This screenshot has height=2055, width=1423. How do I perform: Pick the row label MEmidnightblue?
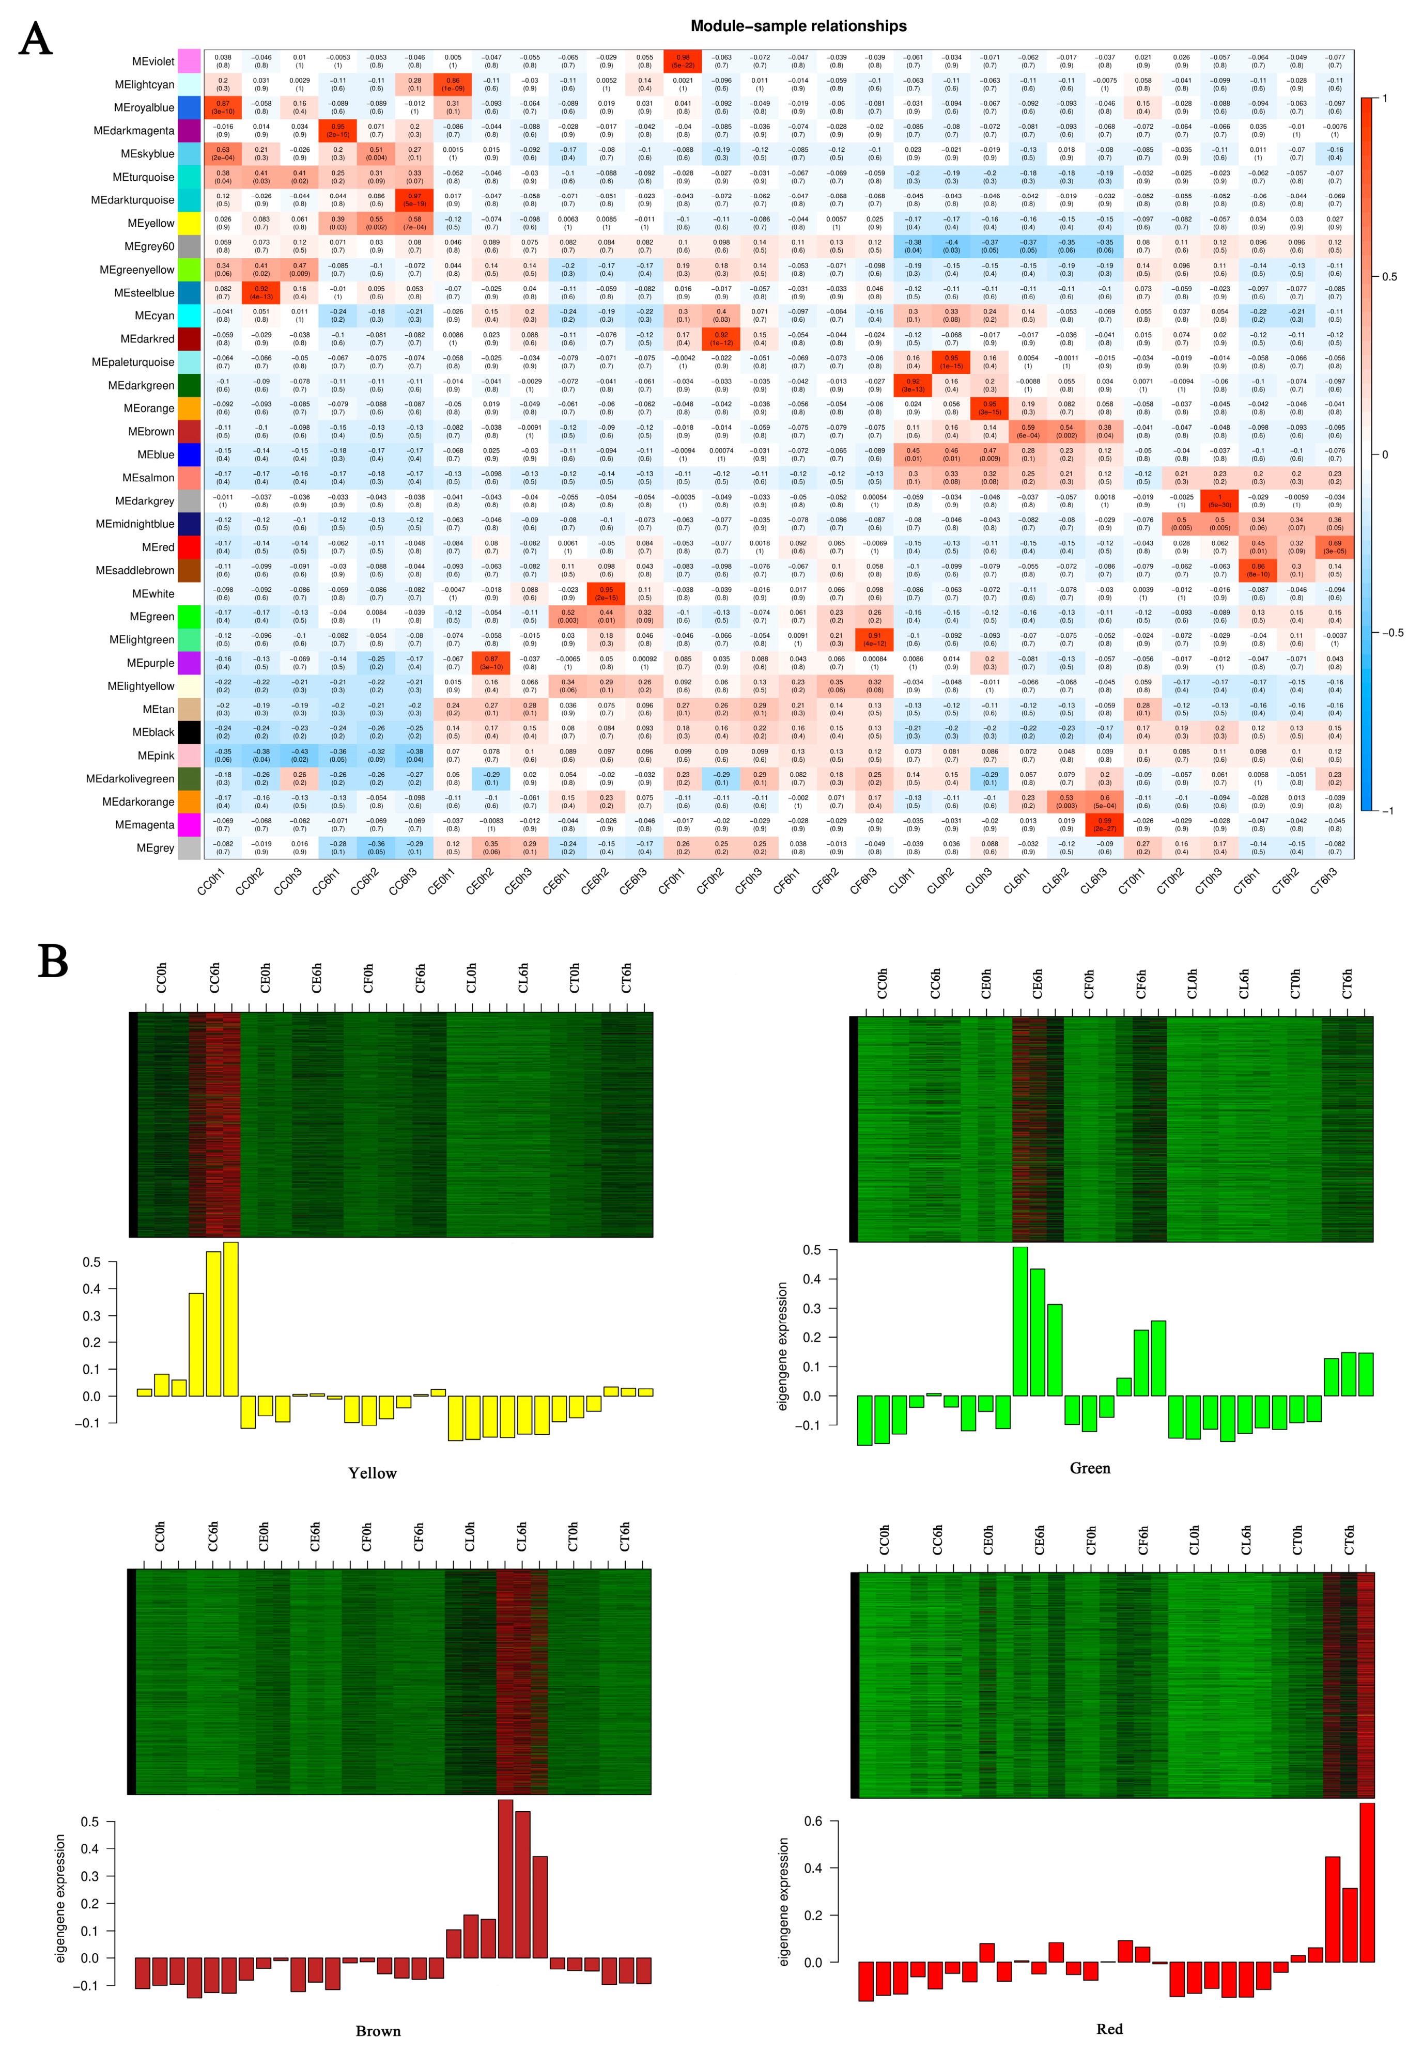point(135,524)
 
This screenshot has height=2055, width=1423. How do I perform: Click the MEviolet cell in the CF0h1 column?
point(683,61)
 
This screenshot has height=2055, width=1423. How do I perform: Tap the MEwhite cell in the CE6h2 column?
point(606,593)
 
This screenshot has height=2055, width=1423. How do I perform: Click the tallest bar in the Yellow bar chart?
point(231,1319)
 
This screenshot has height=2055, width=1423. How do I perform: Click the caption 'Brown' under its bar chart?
point(378,2031)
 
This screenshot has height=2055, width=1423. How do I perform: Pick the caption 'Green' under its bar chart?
point(1090,1468)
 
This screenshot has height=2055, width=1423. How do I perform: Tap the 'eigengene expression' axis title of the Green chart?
point(783,1346)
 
